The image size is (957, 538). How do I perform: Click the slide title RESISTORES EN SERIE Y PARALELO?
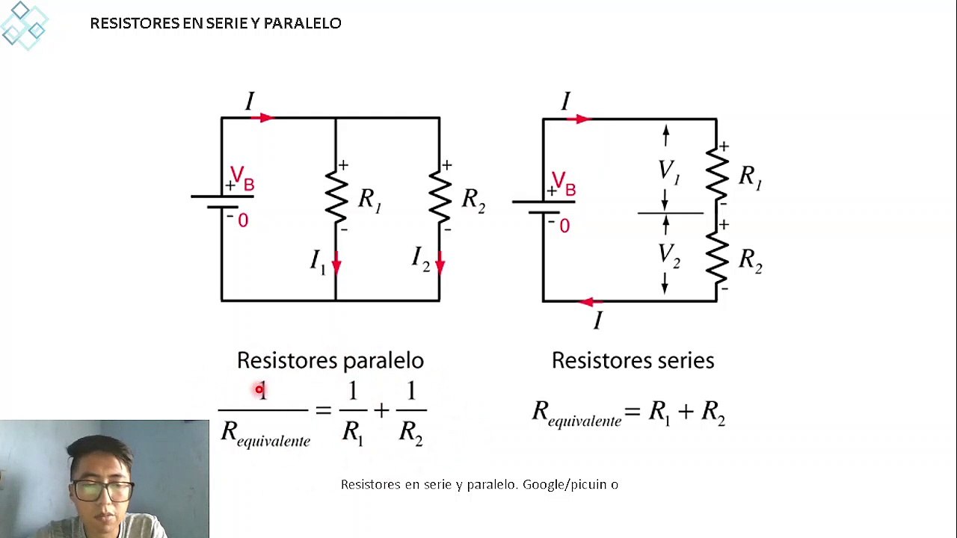[x=215, y=23]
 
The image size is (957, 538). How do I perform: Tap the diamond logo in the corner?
[x=24, y=25]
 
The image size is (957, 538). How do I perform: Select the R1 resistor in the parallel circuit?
[x=336, y=197]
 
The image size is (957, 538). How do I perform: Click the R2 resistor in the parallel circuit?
[x=440, y=197]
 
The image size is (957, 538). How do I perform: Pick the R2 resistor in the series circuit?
[x=717, y=258]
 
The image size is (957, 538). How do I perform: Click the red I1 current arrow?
[x=336, y=263]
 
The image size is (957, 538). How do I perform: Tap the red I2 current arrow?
[x=440, y=263]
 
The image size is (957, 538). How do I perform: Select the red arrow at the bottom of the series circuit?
[x=590, y=303]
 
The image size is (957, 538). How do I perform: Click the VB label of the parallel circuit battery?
[x=242, y=179]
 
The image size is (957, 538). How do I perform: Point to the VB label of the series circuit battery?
[x=564, y=184]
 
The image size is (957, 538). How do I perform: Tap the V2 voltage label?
[x=669, y=256]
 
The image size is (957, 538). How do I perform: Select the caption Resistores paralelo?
[x=330, y=361]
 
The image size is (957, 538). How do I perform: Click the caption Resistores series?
[x=633, y=361]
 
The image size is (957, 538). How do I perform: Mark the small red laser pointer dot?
[x=259, y=389]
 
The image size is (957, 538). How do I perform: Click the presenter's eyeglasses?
[x=102, y=491]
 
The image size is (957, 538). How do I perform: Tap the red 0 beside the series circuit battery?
[x=564, y=226]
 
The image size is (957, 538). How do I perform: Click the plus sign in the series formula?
[x=686, y=412]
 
